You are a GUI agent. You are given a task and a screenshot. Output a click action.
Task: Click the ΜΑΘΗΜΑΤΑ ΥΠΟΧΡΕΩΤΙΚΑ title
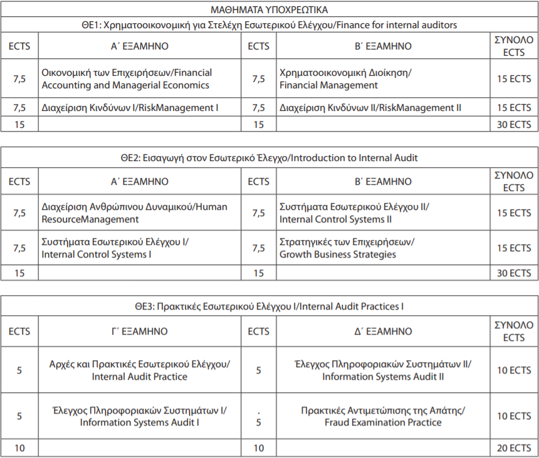269,9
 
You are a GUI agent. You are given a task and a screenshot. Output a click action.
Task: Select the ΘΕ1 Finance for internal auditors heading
269,25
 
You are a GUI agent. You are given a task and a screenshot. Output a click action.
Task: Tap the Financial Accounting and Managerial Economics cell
127,79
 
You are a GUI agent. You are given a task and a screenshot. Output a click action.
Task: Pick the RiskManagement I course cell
130,108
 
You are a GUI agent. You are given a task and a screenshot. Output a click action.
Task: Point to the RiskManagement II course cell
370,108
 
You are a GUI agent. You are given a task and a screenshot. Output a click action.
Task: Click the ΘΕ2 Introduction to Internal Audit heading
269,158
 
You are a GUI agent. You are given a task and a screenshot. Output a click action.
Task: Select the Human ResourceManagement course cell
134,213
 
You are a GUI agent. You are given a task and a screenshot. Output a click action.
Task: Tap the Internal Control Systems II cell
355,213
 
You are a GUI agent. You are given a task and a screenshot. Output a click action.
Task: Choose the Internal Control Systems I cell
115,248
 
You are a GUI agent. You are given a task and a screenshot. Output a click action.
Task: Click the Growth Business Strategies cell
347,248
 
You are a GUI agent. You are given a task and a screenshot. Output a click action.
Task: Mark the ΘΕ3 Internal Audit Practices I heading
269,306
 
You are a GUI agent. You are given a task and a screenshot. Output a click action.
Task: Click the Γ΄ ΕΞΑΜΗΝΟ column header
139,331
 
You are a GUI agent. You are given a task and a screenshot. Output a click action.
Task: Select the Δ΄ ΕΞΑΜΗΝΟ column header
383,331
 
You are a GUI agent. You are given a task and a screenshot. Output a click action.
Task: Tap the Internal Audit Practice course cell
139,370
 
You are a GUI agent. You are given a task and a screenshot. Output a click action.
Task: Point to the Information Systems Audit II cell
383,370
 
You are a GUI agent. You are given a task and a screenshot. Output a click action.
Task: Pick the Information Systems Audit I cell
139,416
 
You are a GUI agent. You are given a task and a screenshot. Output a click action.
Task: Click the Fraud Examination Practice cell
383,416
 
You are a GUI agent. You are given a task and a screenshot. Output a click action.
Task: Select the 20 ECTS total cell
514,447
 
